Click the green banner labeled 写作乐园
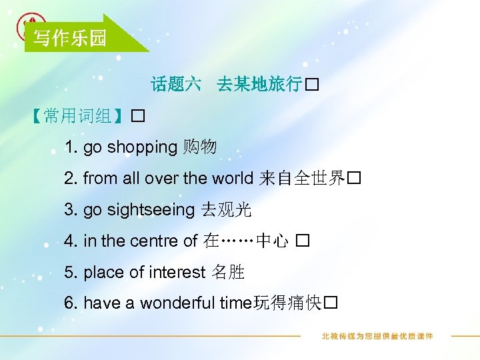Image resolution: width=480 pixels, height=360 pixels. [70, 38]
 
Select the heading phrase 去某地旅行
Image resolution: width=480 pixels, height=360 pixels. [259, 85]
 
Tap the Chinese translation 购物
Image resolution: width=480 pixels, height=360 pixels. [199, 147]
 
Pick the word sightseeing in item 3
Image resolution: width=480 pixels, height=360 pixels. [150, 210]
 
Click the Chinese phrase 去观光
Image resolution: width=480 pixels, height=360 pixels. [225, 210]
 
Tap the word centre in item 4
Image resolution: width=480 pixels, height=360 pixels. [153, 241]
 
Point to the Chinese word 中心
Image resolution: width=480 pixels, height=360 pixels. [273, 241]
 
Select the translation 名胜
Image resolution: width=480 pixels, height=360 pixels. [228, 272]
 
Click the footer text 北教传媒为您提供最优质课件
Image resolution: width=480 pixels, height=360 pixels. [377, 336]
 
